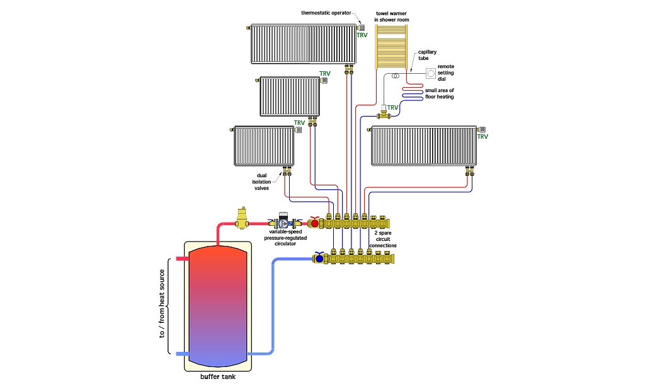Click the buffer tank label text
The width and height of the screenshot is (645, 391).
pyautogui.click(x=218, y=376)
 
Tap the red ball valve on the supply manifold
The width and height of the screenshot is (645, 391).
pyautogui.click(x=315, y=223)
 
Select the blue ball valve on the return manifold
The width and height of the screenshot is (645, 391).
pyautogui.click(x=319, y=258)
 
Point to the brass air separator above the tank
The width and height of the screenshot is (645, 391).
pyautogui.click(x=241, y=218)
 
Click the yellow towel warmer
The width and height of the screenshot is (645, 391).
pyautogui.click(x=391, y=47)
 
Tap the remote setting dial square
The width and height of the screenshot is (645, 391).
pyautogui.click(x=431, y=73)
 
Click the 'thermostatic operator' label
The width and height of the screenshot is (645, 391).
pyautogui.click(x=326, y=13)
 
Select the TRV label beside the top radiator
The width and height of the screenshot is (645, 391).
pyautogui.click(x=362, y=35)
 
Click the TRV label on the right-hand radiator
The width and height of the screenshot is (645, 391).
pyautogui.click(x=482, y=137)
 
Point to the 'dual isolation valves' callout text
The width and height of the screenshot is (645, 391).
pyautogui.click(x=261, y=182)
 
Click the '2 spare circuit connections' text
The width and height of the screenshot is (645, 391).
pyautogui.click(x=383, y=239)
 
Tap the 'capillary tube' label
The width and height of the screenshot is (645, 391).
pyautogui.click(x=428, y=55)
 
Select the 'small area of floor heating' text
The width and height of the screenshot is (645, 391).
pyautogui.click(x=439, y=93)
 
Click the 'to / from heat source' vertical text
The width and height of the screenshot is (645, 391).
pyautogui.click(x=162, y=303)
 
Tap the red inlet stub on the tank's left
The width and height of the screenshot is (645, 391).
pyautogui.click(x=182, y=259)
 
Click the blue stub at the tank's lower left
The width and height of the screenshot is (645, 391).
pyautogui.click(x=182, y=354)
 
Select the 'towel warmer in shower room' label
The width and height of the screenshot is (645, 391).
pyautogui.click(x=392, y=16)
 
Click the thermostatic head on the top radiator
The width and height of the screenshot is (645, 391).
pyautogui.click(x=361, y=28)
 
